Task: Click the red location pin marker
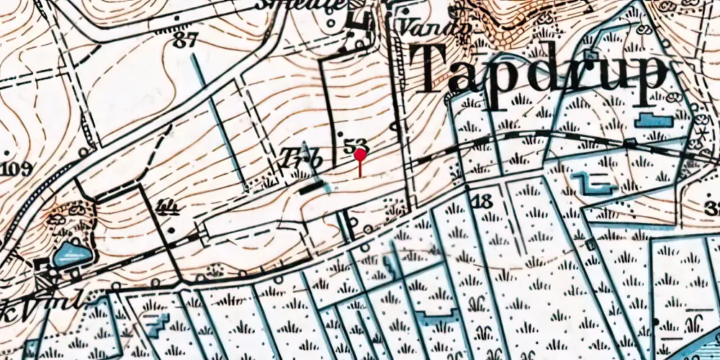360,153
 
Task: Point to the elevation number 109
17,170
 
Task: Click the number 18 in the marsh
483,200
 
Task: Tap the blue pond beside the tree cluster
72,254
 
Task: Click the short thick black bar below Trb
312,189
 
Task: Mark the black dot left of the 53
340,135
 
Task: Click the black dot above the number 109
6,154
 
